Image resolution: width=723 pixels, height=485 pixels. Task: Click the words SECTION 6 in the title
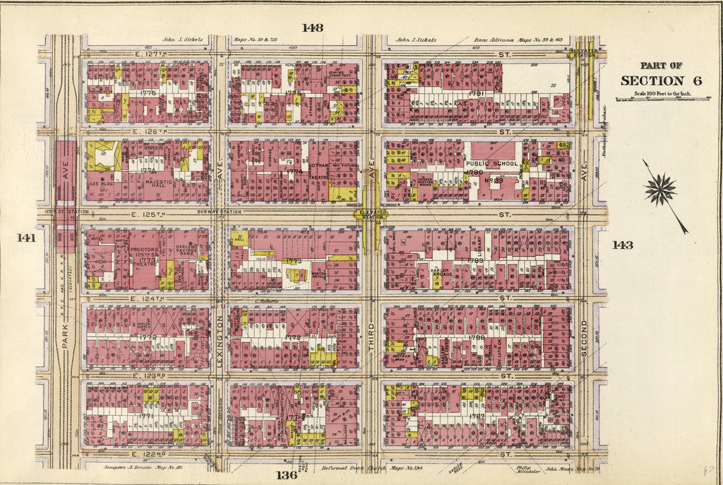(x=661, y=81)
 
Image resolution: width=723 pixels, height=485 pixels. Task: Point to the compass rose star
(x=660, y=190)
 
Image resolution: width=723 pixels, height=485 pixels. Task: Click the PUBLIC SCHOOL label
(x=492, y=163)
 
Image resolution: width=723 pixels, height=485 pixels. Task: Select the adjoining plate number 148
(x=312, y=28)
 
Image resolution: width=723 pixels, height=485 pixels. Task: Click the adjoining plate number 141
(x=26, y=238)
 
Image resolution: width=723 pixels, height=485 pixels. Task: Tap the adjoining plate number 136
(x=287, y=474)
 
